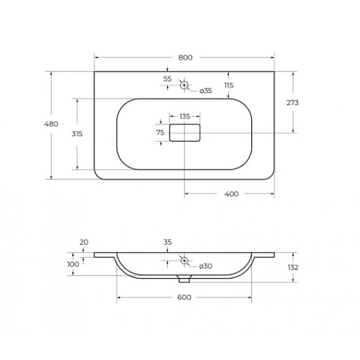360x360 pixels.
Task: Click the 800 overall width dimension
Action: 185,58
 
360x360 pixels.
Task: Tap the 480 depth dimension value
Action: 51,124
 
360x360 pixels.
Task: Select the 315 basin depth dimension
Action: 77,134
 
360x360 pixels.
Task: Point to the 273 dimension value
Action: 292,102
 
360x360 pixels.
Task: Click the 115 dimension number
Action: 229,85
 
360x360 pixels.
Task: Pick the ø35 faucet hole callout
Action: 206,91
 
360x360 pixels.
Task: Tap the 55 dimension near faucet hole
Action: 167,78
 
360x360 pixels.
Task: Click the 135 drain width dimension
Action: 185,117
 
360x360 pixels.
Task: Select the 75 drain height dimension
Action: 160,132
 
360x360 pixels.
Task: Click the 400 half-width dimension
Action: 231,194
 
